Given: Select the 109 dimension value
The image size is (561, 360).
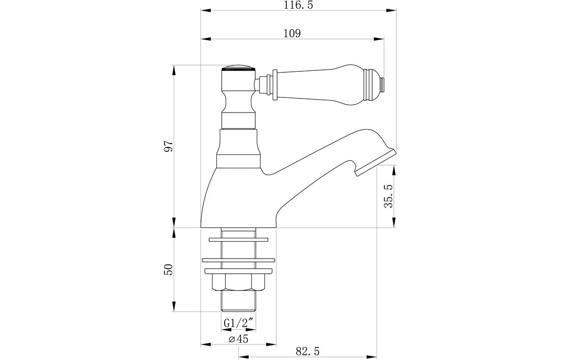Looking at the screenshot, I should click(x=292, y=33).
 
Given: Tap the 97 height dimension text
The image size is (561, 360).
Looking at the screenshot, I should click(x=168, y=147).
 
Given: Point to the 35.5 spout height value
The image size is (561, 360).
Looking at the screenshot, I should click(x=388, y=196).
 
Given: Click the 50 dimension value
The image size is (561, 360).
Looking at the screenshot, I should click(x=168, y=270).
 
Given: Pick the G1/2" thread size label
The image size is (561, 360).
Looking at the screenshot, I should click(x=238, y=323).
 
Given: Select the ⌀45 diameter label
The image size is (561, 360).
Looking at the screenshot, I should click(x=238, y=339).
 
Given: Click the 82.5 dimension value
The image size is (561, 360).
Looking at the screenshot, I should click(x=308, y=350).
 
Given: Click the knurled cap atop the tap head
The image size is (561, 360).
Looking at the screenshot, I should click(x=238, y=68).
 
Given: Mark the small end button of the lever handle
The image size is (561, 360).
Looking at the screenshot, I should click(x=383, y=84).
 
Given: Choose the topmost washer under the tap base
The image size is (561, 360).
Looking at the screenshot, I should click(x=238, y=240).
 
